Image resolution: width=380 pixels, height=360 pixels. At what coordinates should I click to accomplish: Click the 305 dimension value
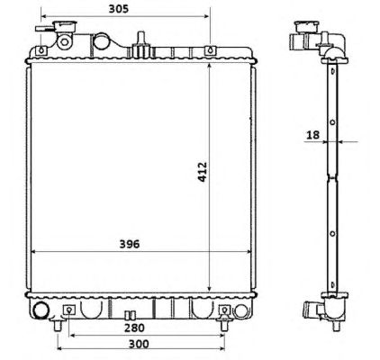click(x=119, y=9)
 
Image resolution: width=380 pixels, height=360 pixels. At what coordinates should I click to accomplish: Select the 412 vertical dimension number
click(x=203, y=172)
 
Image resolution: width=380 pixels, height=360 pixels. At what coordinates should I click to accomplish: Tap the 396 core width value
click(x=130, y=244)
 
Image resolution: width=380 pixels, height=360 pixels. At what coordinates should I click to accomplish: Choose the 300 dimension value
click(x=139, y=344)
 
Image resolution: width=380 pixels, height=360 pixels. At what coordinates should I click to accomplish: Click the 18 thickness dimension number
click(x=312, y=135)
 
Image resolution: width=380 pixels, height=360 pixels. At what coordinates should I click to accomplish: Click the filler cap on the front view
click(x=64, y=26)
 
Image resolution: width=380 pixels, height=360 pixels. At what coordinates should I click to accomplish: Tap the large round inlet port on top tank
click(x=101, y=41)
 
